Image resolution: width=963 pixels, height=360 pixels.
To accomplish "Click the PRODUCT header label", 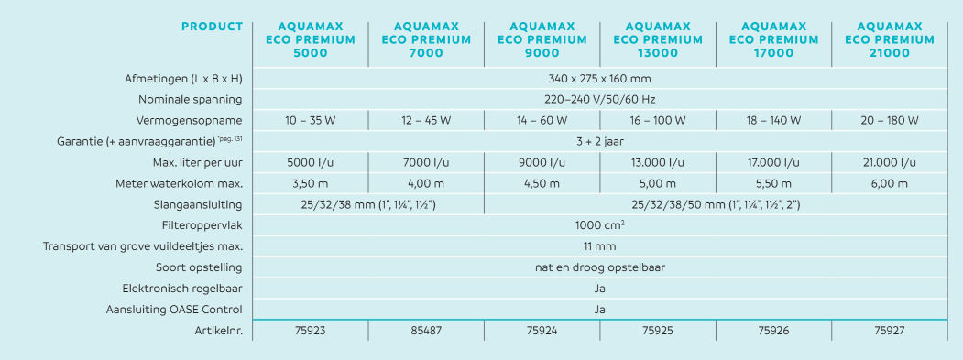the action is click(212, 27).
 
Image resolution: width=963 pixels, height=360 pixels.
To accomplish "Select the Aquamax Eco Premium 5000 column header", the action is click(310, 40).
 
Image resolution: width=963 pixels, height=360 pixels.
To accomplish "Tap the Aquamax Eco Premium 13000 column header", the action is click(658, 40).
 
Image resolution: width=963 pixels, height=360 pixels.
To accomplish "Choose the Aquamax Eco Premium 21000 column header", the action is click(890, 40).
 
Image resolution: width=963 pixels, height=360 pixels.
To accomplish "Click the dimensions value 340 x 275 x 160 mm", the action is click(599, 79).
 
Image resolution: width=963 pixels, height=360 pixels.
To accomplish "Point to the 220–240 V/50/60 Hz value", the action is click(599, 100).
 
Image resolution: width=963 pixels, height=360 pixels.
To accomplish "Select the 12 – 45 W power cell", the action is click(426, 120).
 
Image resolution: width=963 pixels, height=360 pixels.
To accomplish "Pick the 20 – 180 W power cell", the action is click(890, 120).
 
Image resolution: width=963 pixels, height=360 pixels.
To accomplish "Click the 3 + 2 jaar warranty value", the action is click(600, 141).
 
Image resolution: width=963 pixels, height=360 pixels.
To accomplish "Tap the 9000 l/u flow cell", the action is click(542, 163).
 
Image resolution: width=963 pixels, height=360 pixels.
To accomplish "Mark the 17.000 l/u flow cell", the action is click(774, 163).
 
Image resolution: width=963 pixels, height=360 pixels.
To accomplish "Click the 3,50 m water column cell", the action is click(310, 184).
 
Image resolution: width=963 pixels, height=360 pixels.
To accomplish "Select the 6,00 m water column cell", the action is click(890, 184).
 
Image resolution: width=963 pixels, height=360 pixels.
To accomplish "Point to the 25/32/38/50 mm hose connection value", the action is click(717, 204).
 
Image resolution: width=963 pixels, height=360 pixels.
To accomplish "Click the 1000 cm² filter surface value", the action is click(600, 225).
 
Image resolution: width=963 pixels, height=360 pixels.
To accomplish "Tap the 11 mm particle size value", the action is click(600, 246).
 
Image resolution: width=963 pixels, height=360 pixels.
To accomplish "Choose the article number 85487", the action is click(426, 331).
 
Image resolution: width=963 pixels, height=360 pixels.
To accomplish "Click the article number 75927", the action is click(890, 331).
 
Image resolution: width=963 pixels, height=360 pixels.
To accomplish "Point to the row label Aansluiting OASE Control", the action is click(174, 310).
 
